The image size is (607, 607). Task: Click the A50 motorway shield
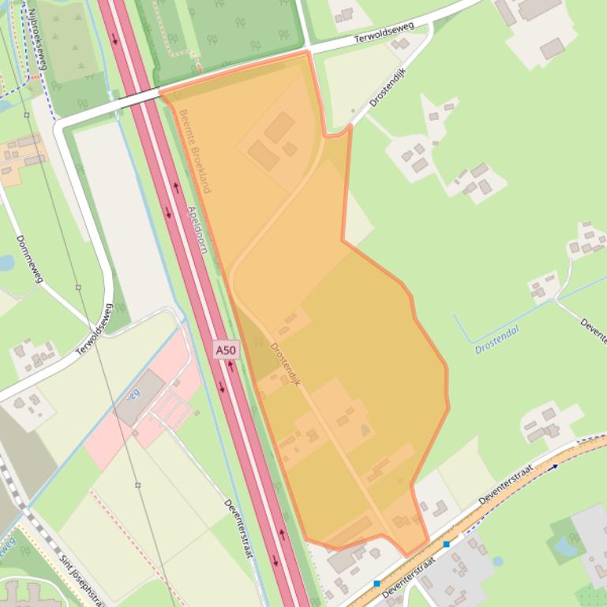point(225,349)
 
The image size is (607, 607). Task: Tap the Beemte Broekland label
point(193,151)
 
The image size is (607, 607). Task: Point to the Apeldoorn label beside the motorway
point(197,229)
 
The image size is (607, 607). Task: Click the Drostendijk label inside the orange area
point(287,363)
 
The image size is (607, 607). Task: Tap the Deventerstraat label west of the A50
point(237,528)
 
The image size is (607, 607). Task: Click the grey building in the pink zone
point(139,398)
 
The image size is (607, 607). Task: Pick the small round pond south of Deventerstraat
point(497,561)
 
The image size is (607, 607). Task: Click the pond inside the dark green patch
point(565,544)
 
